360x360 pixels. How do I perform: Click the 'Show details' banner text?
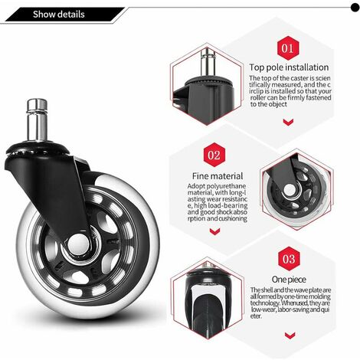coord(58,15)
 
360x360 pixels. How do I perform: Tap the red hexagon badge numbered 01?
coord(288,48)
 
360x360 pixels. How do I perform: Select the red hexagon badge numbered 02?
coord(214,155)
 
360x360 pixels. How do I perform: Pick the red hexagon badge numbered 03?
coord(289,259)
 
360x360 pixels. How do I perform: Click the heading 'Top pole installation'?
coord(289,67)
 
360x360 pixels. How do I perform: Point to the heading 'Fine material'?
coord(218,176)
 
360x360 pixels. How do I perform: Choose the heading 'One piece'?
coord(289,280)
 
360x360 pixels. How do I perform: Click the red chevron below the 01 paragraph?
coord(288,122)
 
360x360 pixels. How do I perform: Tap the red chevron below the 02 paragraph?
coord(214,231)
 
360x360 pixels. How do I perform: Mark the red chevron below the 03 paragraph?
coord(290,335)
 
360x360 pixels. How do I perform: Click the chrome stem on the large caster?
coord(37,120)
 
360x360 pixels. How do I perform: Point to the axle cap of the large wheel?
coord(78,244)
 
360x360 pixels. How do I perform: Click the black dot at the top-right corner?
coord(355,8)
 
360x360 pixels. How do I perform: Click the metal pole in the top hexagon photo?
coord(208,62)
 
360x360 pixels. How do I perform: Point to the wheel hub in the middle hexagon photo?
coord(290,189)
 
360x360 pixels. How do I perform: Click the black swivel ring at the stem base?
coord(38,149)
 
